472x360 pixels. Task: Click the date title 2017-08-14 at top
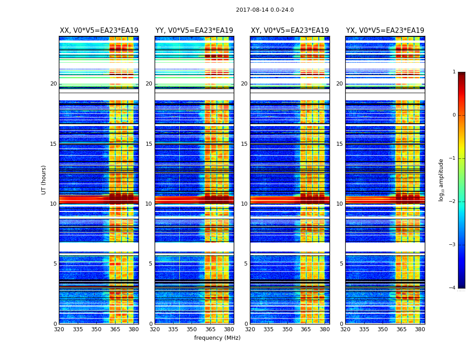pos(265,10)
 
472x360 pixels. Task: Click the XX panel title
pos(99,31)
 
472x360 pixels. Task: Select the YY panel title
pos(194,31)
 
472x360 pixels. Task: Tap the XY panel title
pos(290,31)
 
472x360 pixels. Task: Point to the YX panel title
pos(385,31)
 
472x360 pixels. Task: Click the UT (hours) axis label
pos(44,180)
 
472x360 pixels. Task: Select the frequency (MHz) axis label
pos(217,338)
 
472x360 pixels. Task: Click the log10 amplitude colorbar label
pos(441,180)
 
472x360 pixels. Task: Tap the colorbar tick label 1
pos(454,72)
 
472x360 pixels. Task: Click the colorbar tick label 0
pos(454,115)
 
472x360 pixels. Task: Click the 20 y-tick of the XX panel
pos(53,84)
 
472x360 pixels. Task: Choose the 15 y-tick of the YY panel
pos(149,144)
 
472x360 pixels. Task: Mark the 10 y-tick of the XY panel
pos(244,204)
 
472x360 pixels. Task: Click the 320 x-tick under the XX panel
pos(59,329)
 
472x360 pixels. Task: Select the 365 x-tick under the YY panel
pos(210,329)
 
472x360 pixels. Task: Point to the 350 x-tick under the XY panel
pos(287,329)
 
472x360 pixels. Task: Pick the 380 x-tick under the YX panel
pos(420,329)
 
